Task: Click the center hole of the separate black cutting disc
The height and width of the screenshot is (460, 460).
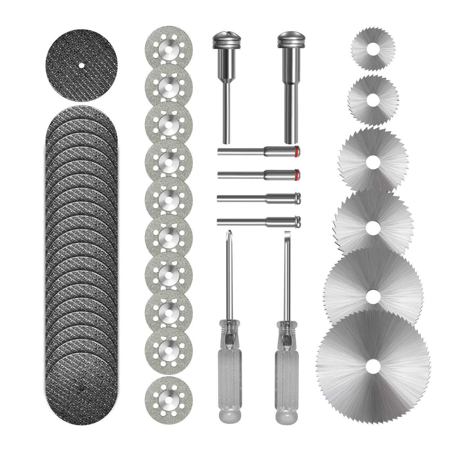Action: (x=81, y=65)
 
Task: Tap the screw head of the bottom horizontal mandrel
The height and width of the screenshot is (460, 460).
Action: (x=298, y=220)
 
